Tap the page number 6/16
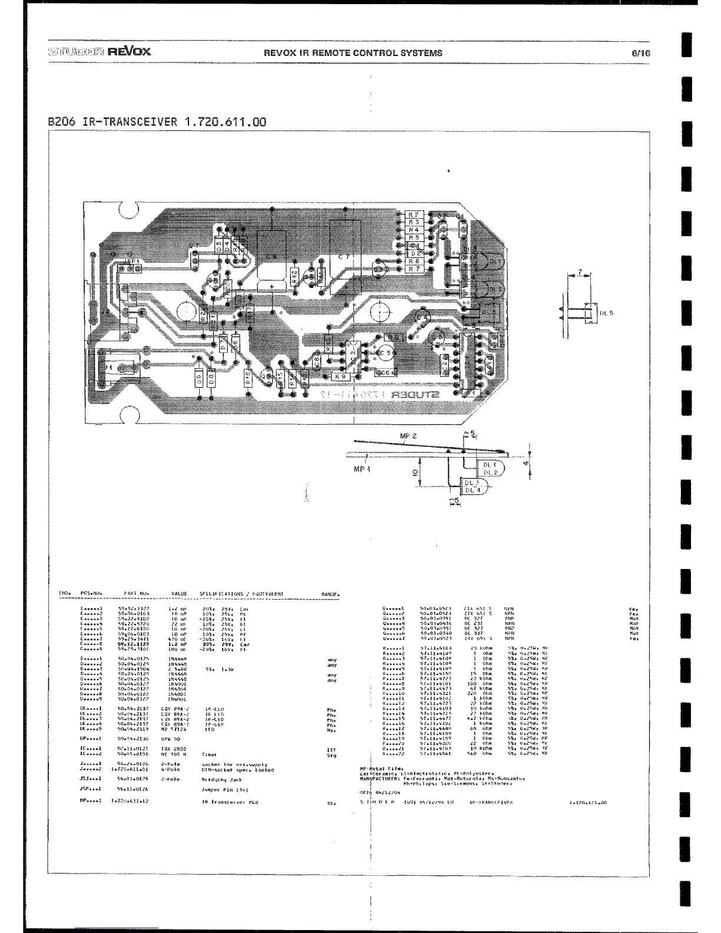[x=641, y=52]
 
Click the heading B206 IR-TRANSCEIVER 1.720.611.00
[x=157, y=122]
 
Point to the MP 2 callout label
[x=408, y=436]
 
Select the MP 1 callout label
[x=362, y=469]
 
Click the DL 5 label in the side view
[x=606, y=313]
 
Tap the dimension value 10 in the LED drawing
[x=415, y=472]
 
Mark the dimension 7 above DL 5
[x=580, y=272]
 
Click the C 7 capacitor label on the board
[x=344, y=257]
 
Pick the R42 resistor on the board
[x=295, y=275]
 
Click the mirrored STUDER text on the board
[x=416, y=394]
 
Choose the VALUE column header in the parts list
[x=179, y=594]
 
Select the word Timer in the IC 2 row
[x=209, y=754]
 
